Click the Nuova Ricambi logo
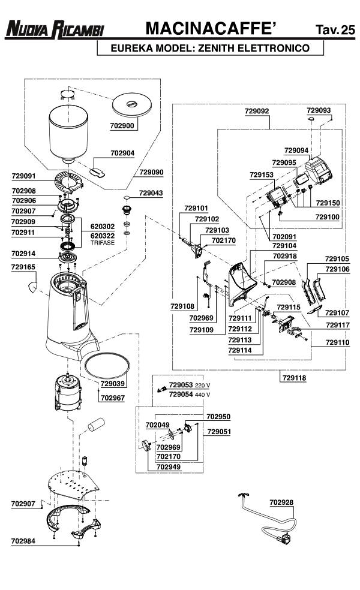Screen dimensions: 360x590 [55, 29]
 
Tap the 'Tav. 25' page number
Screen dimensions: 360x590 [335, 29]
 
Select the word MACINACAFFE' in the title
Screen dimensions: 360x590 [211, 28]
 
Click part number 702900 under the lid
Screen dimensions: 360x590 [122, 126]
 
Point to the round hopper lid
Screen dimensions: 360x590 [132, 105]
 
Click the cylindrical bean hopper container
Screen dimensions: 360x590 [68, 134]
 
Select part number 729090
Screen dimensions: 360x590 [151, 172]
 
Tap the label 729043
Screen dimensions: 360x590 [151, 193]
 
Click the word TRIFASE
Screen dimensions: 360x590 [103, 243]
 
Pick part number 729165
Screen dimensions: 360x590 [23, 267]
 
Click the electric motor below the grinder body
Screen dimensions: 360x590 [68, 392]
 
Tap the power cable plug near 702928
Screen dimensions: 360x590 [284, 540]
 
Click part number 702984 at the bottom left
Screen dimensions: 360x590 [23, 541]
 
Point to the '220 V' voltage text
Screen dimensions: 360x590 [203, 386]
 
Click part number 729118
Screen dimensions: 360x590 [294, 378]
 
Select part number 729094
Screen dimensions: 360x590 [296, 150]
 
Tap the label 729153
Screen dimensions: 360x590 [262, 174]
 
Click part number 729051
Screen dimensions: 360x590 [219, 432]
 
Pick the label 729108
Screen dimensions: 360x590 [182, 306]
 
